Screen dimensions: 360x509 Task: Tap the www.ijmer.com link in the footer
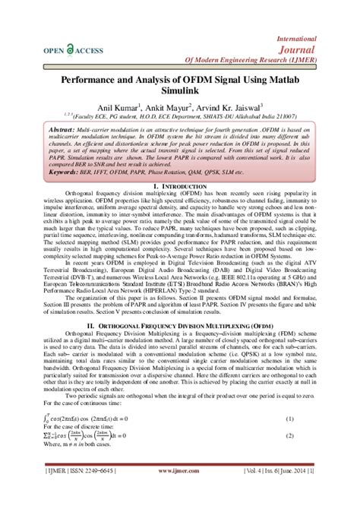[x=177, y=472]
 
